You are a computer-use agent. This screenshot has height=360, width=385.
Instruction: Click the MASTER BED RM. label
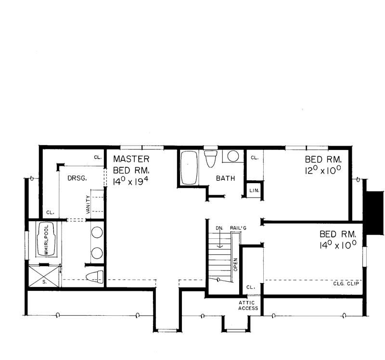point(131,164)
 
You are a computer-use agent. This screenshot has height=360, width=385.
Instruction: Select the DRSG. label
point(77,178)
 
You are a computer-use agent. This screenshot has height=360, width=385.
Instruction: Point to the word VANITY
point(87,204)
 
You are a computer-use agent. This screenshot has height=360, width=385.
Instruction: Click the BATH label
point(225,178)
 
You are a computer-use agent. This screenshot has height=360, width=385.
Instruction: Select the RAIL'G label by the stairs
point(238,229)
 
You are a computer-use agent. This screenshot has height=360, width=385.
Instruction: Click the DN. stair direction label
point(219,229)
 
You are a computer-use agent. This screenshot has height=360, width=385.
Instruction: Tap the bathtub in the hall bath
point(189,167)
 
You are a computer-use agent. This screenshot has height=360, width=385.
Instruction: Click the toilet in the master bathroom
point(95,277)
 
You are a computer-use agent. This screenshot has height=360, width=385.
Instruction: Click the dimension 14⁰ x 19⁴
point(130,182)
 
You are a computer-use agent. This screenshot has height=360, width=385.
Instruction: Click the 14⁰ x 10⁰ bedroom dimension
point(337,245)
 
